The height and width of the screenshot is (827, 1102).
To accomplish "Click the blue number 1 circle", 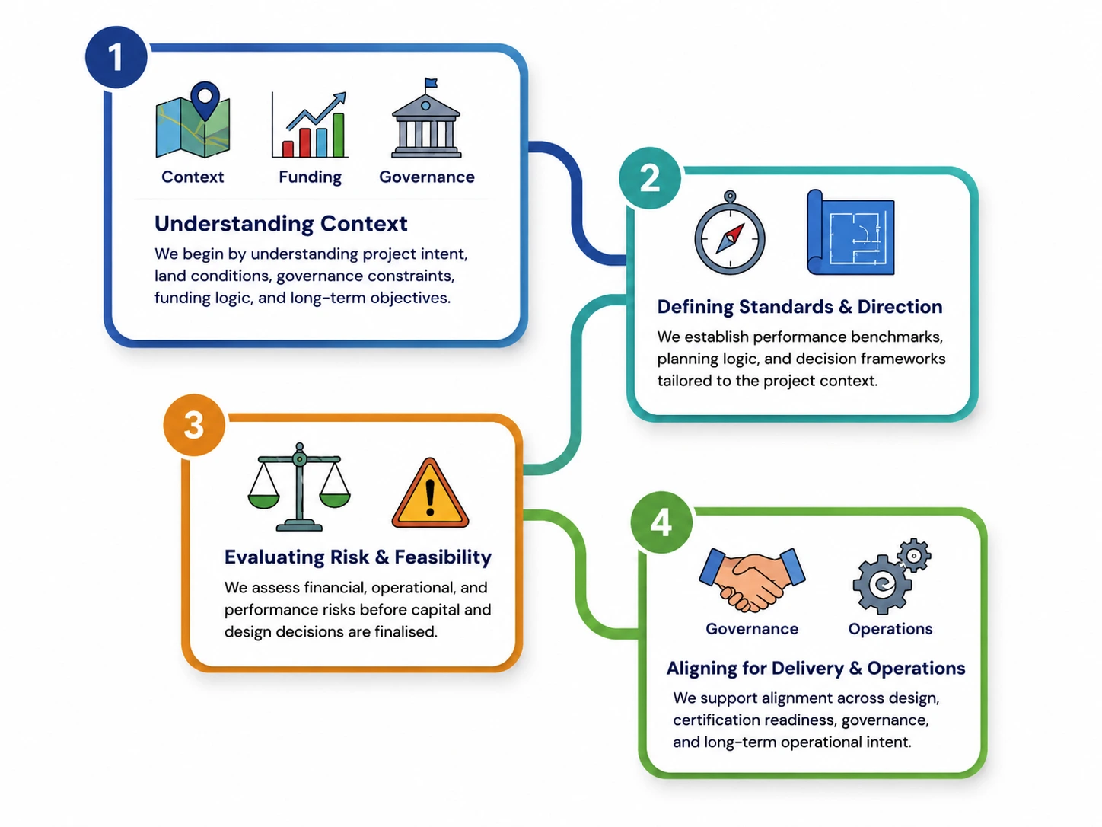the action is [x=116, y=57].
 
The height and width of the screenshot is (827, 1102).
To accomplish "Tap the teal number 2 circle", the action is [x=650, y=177].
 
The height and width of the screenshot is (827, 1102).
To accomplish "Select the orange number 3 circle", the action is [x=194, y=425].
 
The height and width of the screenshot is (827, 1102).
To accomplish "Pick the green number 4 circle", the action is [x=661, y=522].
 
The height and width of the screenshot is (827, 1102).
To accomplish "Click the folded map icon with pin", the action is [x=193, y=120].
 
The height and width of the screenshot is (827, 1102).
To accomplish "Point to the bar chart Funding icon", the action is [x=310, y=125].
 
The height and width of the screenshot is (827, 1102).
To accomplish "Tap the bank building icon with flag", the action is [x=426, y=119].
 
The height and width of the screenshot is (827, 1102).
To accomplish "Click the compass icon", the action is [x=730, y=232].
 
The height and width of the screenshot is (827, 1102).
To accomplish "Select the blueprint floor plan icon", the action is [x=850, y=232].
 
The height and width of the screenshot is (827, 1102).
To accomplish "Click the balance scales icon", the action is [x=299, y=487].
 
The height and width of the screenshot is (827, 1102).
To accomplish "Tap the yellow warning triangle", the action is [x=430, y=493].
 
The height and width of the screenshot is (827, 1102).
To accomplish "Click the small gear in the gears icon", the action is [x=914, y=555].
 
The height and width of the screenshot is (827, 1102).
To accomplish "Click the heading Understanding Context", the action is [x=281, y=223].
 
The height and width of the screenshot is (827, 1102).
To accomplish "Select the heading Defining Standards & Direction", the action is [x=800, y=307].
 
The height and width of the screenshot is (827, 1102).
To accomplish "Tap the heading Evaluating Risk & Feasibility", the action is [x=358, y=557].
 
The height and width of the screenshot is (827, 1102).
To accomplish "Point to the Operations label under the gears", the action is [x=890, y=629].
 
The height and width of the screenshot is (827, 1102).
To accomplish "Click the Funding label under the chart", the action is [x=311, y=177].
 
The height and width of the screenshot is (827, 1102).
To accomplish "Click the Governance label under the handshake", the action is [x=752, y=629].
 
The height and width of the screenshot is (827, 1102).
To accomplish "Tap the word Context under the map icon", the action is [x=193, y=177].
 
